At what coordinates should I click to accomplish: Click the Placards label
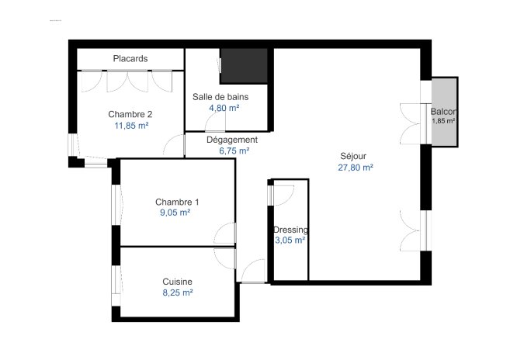point(130,59)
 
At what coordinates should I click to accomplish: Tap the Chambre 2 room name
point(130,114)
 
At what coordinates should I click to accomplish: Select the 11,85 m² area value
point(131,125)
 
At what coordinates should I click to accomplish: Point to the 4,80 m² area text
point(223,108)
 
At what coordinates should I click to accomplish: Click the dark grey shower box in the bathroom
point(244,66)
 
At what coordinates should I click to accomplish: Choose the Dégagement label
point(231,140)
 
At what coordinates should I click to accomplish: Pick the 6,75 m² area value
point(234,151)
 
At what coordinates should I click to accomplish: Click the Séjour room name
point(353,155)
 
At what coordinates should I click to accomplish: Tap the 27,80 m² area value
point(356,167)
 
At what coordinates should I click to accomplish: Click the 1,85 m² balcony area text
point(443,122)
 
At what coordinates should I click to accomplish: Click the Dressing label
point(290,230)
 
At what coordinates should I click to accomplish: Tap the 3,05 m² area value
point(290,241)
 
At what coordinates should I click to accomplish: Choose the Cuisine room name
point(177,282)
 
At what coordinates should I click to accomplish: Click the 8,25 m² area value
point(177,292)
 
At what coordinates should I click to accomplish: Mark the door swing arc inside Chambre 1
point(225,234)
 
